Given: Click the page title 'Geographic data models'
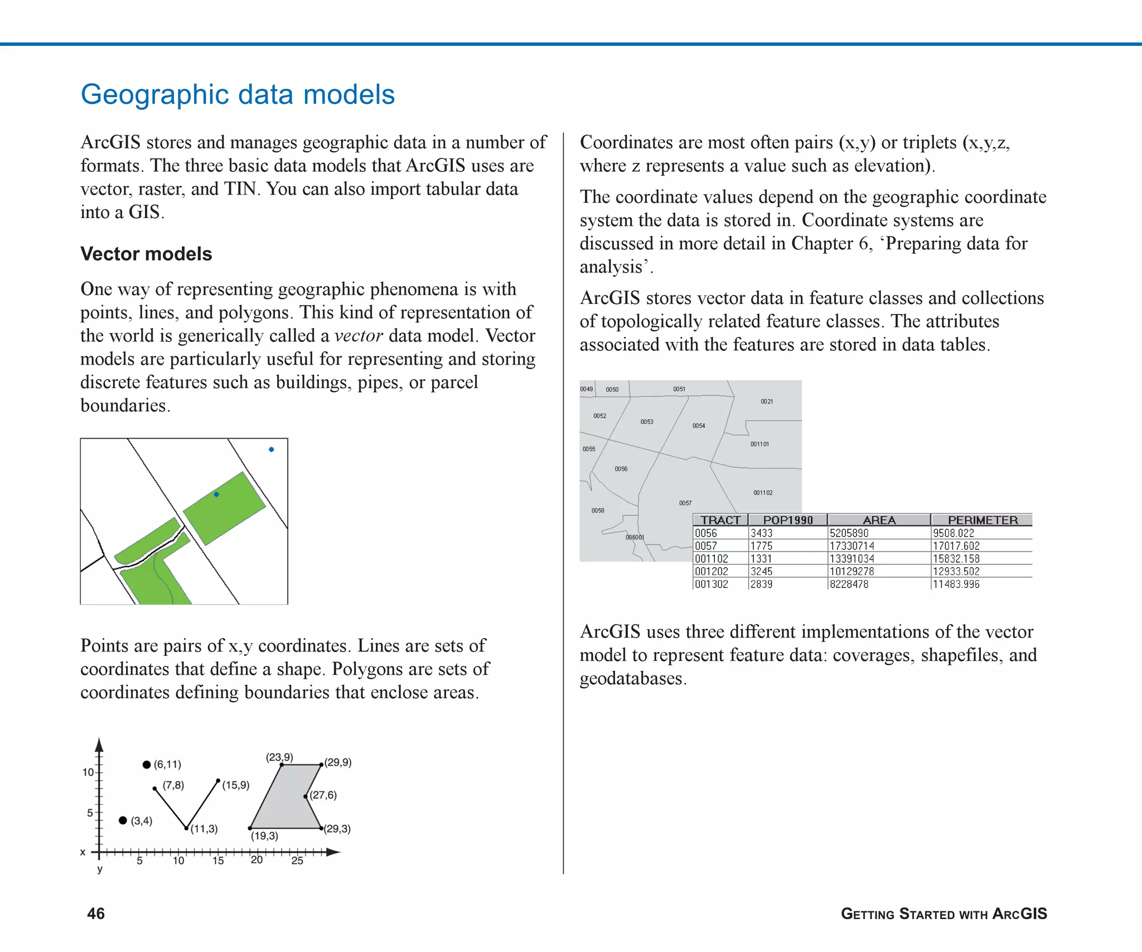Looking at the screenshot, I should [x=238, y=94].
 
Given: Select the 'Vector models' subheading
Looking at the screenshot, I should [x=146, y=254].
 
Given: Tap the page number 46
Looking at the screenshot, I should [x=96, y=913].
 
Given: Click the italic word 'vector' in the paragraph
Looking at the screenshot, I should [x=358, y=336].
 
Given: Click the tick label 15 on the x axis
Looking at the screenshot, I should [x=218, y=861].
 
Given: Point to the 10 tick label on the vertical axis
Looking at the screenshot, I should [x=88, y=772].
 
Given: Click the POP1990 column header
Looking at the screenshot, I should [x=787, y=520].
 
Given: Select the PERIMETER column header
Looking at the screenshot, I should [x=983, y=520].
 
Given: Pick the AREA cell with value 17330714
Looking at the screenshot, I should [x=851, y=545].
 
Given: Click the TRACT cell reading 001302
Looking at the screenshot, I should [x=712, y=584].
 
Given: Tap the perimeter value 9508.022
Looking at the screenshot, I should [x=953, y=533].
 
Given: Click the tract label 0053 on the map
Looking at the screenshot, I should [x=647, y=422].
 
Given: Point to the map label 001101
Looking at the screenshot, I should [x=759, y=444].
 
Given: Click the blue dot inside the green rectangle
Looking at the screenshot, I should [x=216, y=494].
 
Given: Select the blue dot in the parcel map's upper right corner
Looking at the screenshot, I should [x=271, y=449].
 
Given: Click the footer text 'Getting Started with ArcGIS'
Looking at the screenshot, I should [x=943, y=914].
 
